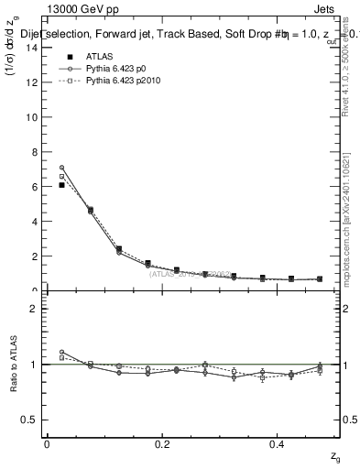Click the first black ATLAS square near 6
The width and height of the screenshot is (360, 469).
click(61, 185)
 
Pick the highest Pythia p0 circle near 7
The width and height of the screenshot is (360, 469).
click(61, 168)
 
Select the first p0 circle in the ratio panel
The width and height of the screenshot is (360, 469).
click(61, 352)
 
